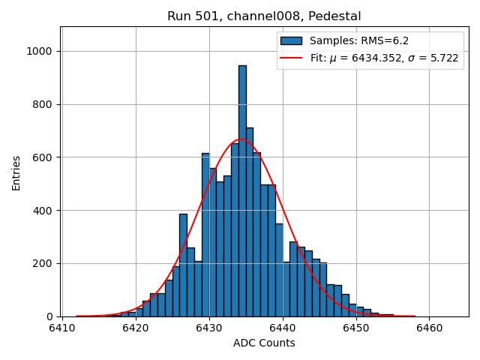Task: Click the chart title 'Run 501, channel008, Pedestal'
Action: [264, 16]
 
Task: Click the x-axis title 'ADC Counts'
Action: [264, 343]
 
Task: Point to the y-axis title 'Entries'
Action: [16, 172]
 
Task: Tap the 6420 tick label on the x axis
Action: [136, 328]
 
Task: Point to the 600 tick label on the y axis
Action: [44, 157]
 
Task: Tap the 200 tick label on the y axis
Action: [44, 264]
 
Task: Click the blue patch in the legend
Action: [292, 41]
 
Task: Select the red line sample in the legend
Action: [292, 58]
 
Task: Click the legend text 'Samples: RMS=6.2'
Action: [359, 41]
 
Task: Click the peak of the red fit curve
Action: [241, 139]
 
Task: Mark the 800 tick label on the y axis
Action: [44, 104]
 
